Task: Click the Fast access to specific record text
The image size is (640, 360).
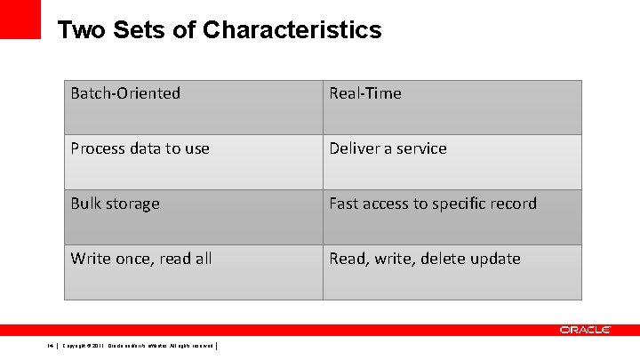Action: click(433, 204)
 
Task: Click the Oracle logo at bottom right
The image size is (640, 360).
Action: click(585, 330)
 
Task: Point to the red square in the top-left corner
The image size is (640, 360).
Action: click(20, 19)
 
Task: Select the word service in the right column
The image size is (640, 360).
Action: click(422, 148)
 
